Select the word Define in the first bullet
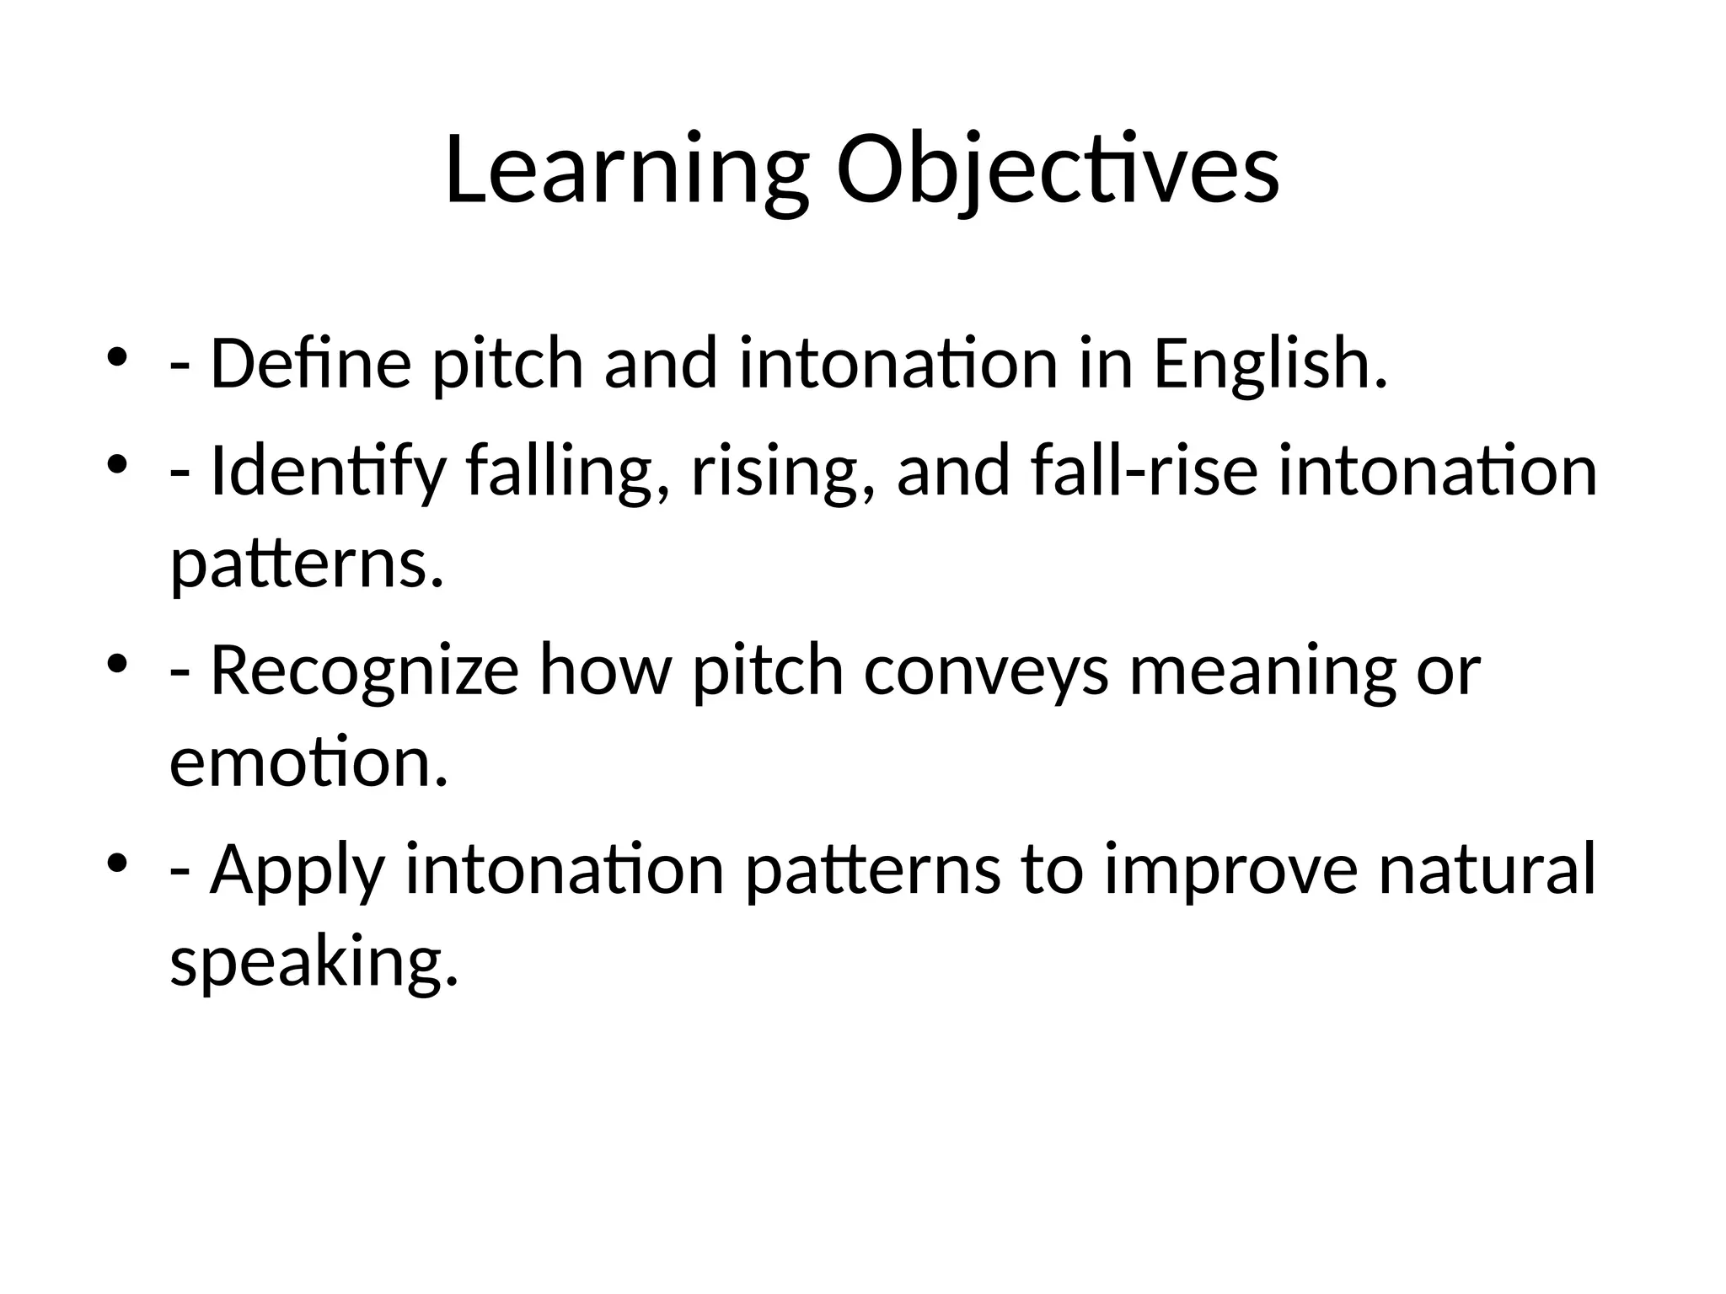coord(311,363)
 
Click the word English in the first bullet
coord(1269,363)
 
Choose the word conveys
coord(986,670)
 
